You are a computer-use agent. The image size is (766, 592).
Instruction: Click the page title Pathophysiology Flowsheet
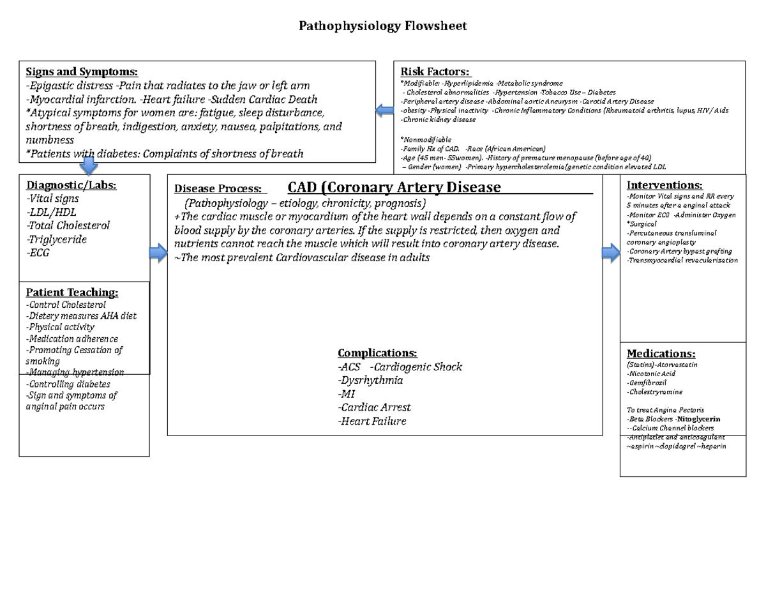[x=383, y=26]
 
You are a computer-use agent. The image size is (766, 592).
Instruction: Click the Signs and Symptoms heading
[x=81, y=72]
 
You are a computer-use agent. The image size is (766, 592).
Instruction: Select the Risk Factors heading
[x=435, y=72]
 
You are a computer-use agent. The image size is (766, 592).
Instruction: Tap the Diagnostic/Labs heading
[x=71, y=185]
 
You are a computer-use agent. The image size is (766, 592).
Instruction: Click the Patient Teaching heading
[x=72, y=292]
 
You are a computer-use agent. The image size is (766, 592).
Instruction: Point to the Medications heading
[x=661, y=353]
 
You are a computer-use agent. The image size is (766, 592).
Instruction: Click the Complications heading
[x=377, y=353]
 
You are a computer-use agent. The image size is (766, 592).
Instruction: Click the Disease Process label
[x=218, y=189]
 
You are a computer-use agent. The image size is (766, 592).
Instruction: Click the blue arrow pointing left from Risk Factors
[x=385, y=111]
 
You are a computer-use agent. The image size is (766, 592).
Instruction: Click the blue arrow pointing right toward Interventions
[x=610, y=253]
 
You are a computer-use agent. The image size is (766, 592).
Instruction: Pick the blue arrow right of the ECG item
[x=158, y=254]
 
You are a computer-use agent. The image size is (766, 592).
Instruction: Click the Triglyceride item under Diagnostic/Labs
[x=56, y=239]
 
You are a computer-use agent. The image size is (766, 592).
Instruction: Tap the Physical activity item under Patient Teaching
[x=60, y=327]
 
